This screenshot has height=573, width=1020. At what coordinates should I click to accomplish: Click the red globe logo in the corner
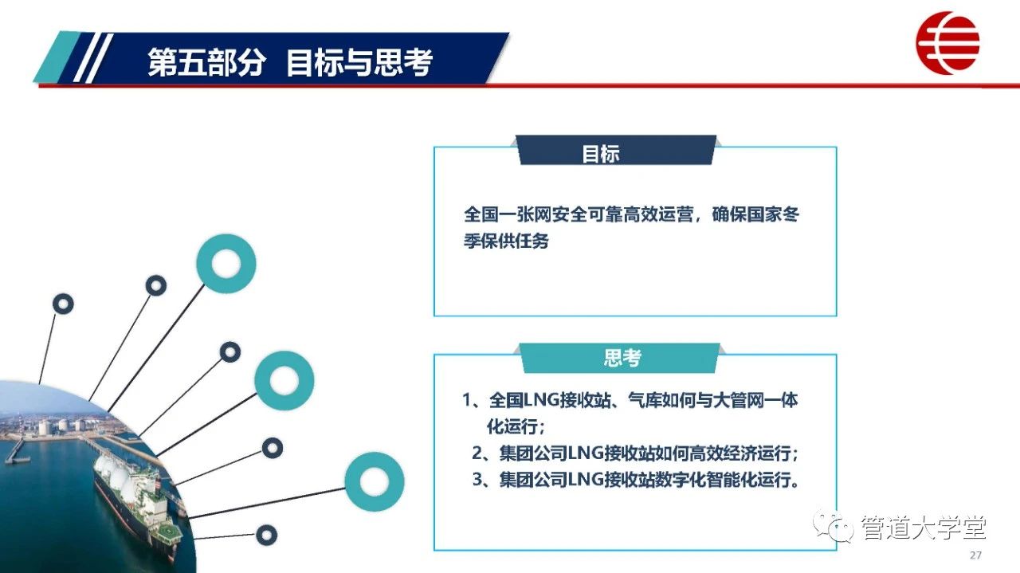[x=947, y=43]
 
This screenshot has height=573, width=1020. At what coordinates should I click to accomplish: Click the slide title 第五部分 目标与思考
[x=290, y=62]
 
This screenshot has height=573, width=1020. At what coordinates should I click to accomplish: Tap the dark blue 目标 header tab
[x=616, y=150]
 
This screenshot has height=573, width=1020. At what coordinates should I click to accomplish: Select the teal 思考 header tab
[x=620, y=358]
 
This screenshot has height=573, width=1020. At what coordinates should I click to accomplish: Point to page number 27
[x=975, y=555]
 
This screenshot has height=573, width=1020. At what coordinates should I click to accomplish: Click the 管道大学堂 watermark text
[x=923, y=528]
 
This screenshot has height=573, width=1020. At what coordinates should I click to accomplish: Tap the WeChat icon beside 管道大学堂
[x=834, y=527]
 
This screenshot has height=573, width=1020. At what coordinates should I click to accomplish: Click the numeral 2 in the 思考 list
[x=477, y=453]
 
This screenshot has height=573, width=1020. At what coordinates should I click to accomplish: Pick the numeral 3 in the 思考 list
[x=477, y=480]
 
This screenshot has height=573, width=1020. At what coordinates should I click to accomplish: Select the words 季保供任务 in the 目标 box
[x=506, y=241]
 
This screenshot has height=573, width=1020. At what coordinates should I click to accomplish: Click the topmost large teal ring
[x=226, y=264]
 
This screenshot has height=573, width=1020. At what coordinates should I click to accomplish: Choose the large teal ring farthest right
[x=375, y=481]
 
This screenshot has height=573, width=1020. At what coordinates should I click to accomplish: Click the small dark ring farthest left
[x=63, y=304]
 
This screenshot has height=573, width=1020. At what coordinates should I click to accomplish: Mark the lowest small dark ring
[x=266, y=535]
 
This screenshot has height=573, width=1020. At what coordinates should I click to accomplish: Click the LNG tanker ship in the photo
[x=136, y=501]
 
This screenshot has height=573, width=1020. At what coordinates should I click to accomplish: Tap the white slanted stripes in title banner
[x=93, y=58]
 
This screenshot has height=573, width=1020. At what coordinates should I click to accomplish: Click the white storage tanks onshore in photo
[x=61, y=426]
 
